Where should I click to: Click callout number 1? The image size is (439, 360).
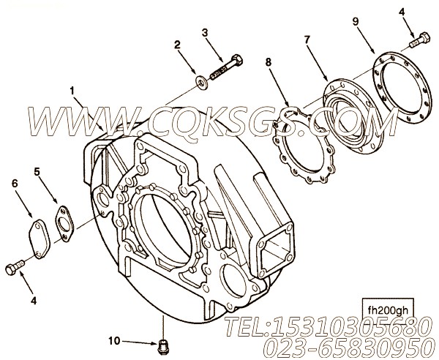click(72, 91)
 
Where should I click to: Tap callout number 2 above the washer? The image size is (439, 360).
click(176, 45)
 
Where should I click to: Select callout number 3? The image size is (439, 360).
click(205, 33)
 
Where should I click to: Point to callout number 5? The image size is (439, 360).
click(37, 171)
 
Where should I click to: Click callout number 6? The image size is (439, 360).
click(15, 184)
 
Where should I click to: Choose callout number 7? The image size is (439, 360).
click(307, 40)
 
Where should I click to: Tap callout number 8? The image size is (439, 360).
click(269, 62)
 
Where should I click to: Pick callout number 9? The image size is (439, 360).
click(356, 21)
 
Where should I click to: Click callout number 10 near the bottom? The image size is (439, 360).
click(114, 341)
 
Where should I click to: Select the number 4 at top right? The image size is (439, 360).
click(402, 12)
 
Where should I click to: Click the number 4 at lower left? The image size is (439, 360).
click(34, 301)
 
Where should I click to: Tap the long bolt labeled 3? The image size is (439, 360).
click(227, 67)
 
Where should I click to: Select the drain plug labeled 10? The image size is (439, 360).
click(162, 348)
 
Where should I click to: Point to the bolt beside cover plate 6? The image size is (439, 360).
click(15, 267)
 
